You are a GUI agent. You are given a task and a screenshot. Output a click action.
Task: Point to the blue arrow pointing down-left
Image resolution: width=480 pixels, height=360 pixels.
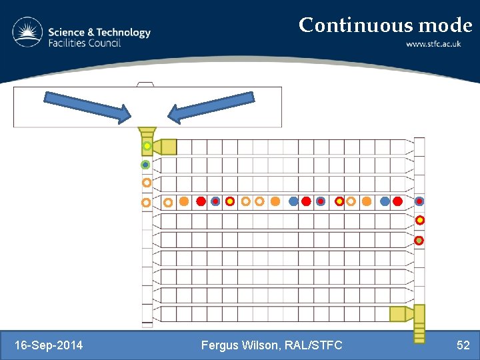(x=211, y=107)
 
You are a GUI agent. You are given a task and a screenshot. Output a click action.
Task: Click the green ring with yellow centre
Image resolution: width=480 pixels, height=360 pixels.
(x=147, y=146)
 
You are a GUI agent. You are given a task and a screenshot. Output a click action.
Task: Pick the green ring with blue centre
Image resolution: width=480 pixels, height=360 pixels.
(x=145, y=165)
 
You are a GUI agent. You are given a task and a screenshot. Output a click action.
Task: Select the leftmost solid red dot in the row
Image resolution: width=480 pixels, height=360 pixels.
(x=201, y=201)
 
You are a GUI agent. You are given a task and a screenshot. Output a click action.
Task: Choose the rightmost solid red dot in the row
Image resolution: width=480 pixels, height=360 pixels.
(x=398, y=201)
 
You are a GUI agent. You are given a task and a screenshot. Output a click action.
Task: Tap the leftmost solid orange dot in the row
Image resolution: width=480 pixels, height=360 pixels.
(x=184, y=201)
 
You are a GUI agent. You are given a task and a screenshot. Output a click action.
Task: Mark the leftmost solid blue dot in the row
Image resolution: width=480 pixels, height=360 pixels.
(x=293, y=201)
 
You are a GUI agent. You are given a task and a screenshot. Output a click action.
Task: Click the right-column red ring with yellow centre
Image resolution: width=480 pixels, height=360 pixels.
(x=420, y=220)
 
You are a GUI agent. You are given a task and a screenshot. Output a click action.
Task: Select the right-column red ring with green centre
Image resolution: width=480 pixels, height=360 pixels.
(x=419, y=240)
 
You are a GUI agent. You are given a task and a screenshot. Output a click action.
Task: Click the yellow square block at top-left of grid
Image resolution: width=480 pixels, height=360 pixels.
(x=169, y=147)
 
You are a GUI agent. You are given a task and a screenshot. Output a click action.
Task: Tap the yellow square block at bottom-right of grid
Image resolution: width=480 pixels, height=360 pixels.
(x=398, y=313)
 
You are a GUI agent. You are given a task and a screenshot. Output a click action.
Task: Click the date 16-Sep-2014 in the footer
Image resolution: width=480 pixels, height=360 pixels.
(x=49, y=345)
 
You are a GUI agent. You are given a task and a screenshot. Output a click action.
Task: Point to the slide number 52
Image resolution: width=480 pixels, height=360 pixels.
(x=463, y=345)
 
